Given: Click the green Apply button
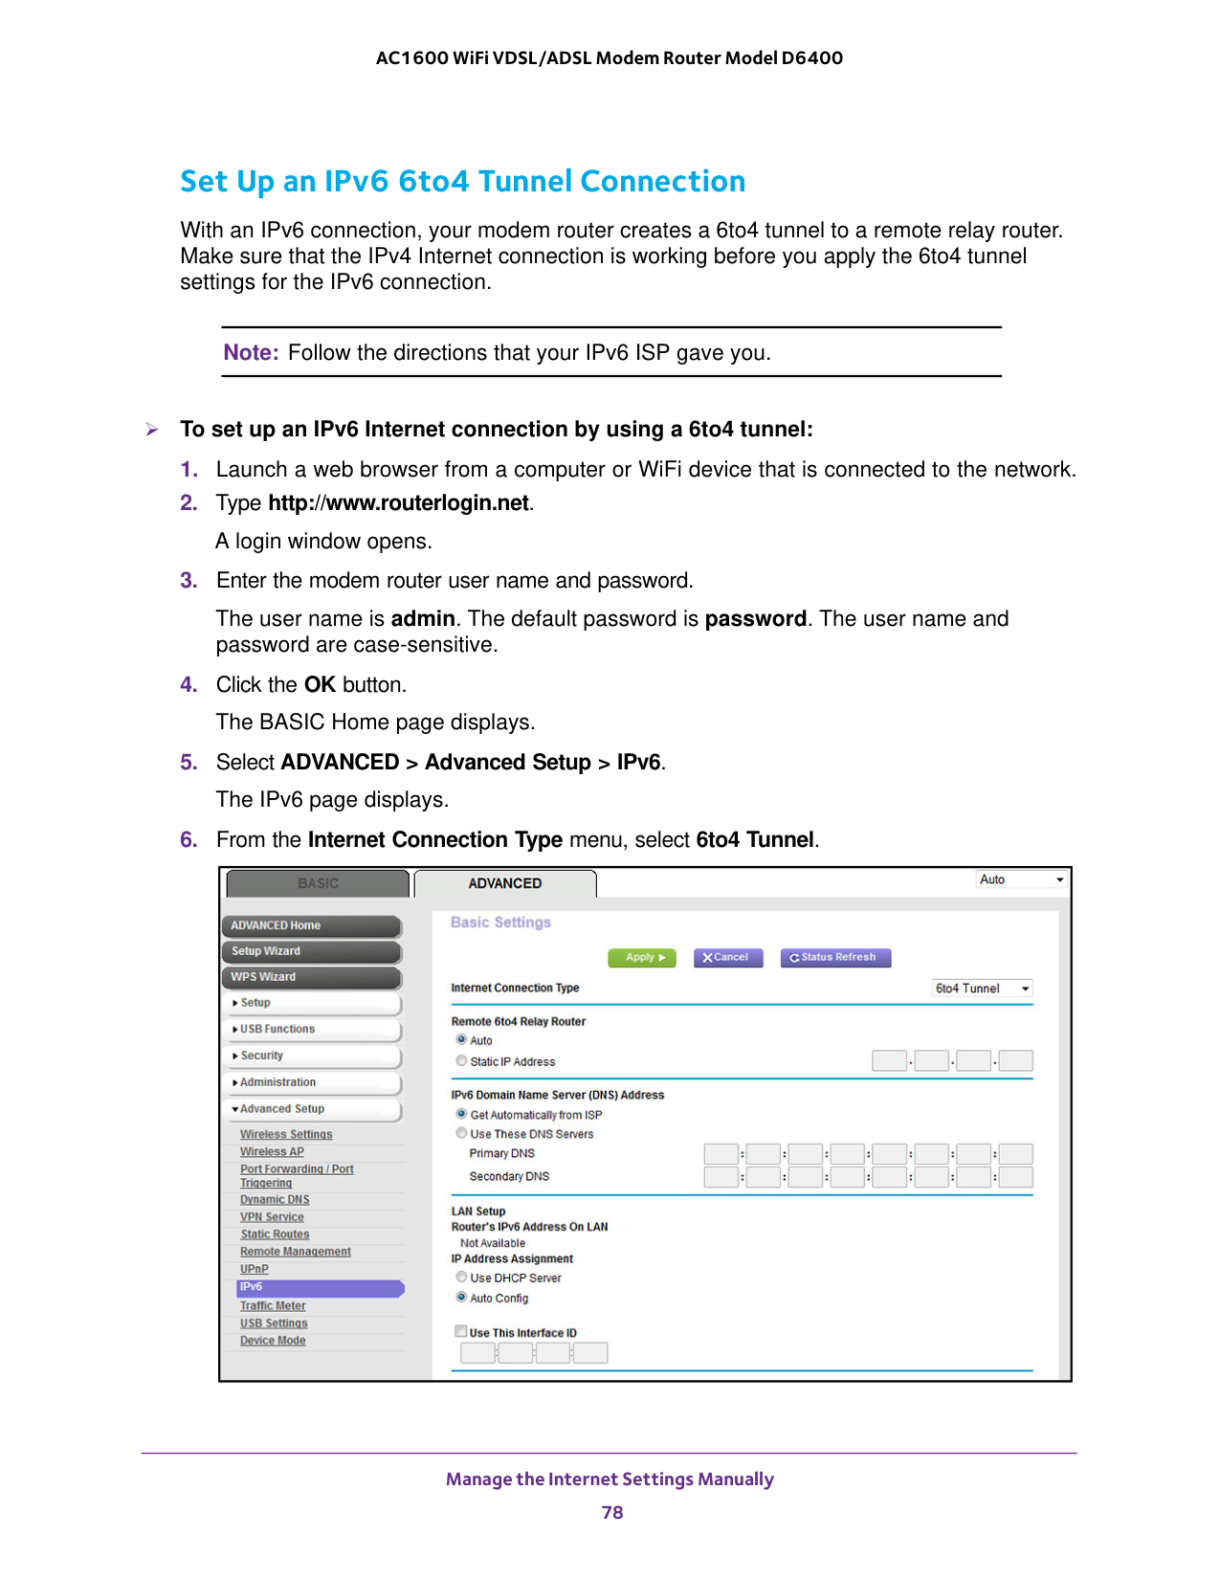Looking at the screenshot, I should point(642,957).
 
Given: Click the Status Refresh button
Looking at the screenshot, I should point(834,957).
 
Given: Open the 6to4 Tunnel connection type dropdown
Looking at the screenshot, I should point(982,989).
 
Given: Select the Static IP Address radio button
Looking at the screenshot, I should point(462,1060).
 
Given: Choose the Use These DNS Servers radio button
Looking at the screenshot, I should point(462,1133).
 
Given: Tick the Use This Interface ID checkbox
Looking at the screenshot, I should point(461,1331).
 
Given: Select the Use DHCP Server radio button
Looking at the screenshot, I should point(462,1277).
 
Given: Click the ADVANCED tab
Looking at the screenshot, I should point(504,883).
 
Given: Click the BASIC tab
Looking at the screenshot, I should point(318,883).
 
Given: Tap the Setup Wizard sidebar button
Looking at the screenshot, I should point(311,951).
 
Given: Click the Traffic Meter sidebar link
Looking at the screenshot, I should point(273,1305).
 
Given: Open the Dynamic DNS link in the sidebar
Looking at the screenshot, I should point(275,1199).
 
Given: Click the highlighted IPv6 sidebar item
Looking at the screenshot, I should point(320,1287).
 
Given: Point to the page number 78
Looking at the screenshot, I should point(612,1512).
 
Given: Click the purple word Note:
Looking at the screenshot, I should point(251,352).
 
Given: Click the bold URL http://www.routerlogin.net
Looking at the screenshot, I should point(398,503).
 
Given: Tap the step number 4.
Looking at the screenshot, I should point(189,685).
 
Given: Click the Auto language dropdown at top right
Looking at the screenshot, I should point(1021,879).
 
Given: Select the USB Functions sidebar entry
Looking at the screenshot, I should point(311,1030).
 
